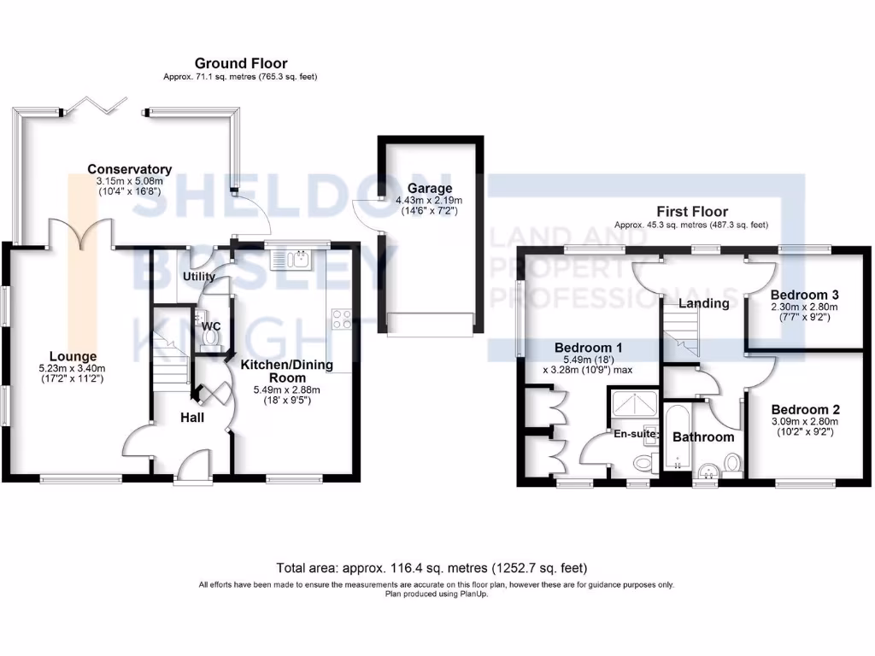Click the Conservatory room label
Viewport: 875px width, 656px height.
[x=130, y=169]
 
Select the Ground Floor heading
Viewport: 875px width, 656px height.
[x=240, y=63]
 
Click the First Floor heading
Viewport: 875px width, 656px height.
[x=691, y=211]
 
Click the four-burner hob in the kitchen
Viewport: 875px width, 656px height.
[x=342, y=319]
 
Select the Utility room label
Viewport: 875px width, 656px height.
[x=198, y=277]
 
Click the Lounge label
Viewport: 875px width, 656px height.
[x=73, y=356]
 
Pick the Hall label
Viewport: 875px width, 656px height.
[x=192, y=418]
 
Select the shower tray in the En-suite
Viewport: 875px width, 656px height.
[x=633, y=402]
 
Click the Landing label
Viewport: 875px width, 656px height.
[x=703, y=303]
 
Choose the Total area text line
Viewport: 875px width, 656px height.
[x=432, y=567]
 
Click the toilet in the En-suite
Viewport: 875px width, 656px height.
[x=643, y=464]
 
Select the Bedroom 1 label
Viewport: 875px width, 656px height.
[x=588, y=348]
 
